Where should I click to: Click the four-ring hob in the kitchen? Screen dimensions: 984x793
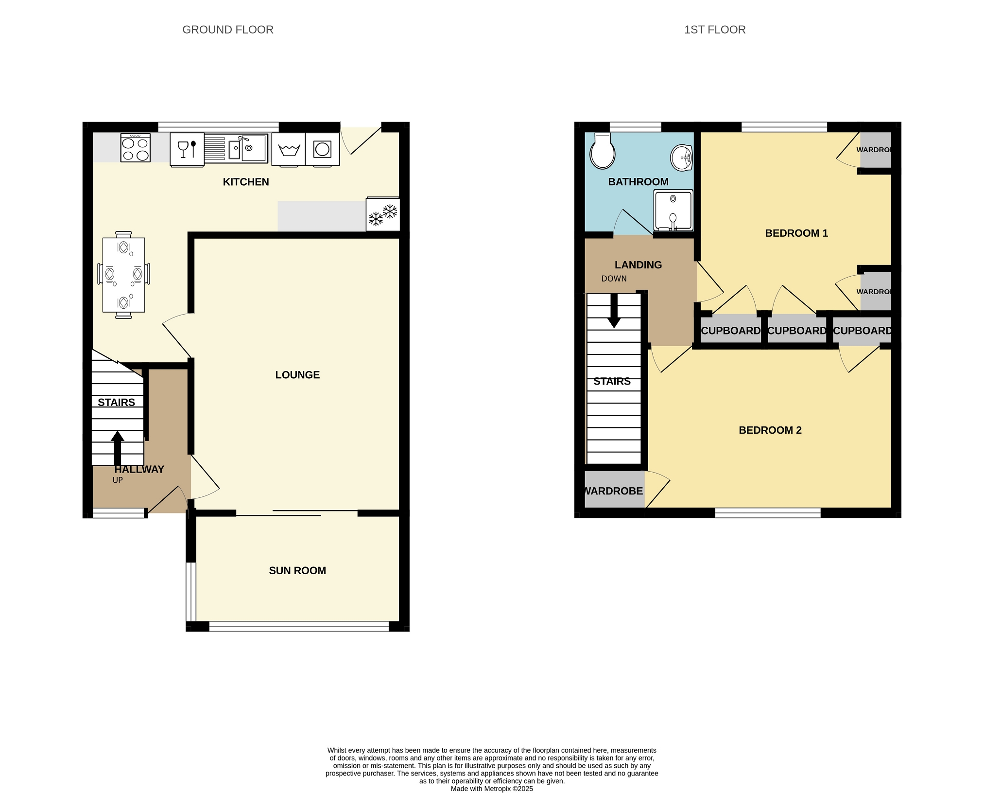tap(135, 147)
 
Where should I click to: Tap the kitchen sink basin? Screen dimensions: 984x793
tap(248, 148)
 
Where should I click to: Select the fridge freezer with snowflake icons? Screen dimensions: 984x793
tap(383, 214)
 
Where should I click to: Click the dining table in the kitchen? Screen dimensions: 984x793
tap(123, 275)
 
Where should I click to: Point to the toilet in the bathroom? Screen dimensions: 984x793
tap(602, 151)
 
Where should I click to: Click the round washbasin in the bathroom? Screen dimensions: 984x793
tap(681, 158)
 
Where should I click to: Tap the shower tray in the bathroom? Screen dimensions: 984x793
tap(673, 210)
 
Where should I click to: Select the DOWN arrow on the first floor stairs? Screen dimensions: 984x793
tap(614, 311)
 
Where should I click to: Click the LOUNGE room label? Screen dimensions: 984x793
tap(297, 375)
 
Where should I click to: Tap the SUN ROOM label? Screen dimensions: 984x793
tap(297, 570)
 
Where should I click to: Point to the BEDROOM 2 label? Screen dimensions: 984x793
tap(770, 430)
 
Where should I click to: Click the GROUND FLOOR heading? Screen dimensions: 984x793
tap(228, 30)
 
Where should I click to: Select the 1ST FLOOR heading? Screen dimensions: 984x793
tap(715, 30)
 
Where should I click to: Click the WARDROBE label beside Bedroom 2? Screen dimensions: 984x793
tap(613, 491)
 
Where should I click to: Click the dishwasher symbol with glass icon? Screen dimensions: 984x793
tap(187, 150)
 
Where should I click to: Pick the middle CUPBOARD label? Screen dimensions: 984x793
tap(796, 331)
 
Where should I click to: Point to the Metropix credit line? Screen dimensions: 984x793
tap(492, 789)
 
